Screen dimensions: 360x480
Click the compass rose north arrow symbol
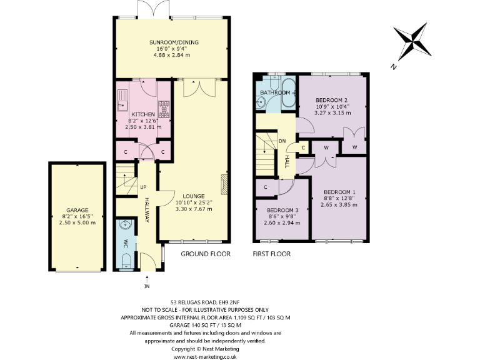[413, 42]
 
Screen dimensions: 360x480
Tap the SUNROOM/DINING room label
[174, 42]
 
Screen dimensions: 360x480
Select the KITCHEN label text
[143, 114]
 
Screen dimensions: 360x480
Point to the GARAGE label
[77, 210]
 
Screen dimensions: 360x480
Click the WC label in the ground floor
[126, 242]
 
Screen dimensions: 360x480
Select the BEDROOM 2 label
[331, 100]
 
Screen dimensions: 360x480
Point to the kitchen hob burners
[164, 109]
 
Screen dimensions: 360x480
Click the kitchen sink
[122, 99]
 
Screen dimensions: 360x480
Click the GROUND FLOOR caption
[206, 254]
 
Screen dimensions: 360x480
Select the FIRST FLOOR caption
[272, 254]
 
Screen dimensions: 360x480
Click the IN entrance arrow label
[147, 287]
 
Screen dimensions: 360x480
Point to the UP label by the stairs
[143, 187]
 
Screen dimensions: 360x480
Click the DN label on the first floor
[282, 141]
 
